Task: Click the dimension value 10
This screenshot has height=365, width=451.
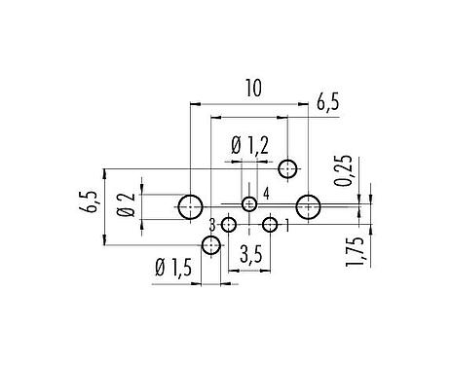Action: (251, 90)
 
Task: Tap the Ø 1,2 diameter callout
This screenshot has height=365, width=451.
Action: (249, 147)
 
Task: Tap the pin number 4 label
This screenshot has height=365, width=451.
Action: (265, 191)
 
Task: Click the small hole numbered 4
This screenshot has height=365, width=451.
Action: (249, 203)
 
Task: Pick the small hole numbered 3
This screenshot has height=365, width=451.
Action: (228, 226)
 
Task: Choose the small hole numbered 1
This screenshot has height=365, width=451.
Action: (270, 226)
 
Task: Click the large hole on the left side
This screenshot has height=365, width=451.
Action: (191, 206)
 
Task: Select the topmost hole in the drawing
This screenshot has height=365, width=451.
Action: (287, 169)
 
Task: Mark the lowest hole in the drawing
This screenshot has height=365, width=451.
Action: (210, 246)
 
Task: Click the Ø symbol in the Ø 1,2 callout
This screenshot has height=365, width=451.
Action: (236, 147)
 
